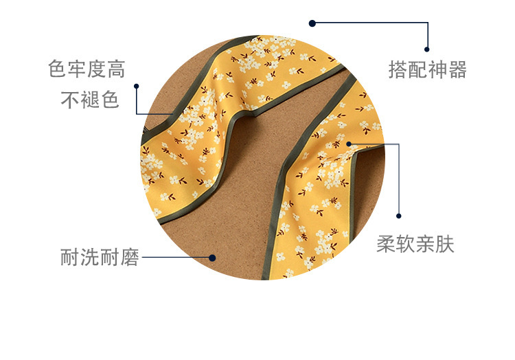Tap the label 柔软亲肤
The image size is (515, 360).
(x=415, y=245)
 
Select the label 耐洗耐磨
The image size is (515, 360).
(x=100, y=258)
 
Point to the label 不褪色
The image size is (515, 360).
(x=90, y=100)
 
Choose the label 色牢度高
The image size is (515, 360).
(x=87, y=69)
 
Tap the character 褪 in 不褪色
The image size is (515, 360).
(x=90, y=100)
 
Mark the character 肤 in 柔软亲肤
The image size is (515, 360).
(x=445, y=245)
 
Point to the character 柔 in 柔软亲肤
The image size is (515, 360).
(x=386, y=245)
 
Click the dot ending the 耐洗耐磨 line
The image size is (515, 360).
(x=212, y=258)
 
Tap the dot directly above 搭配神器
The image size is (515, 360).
(x=427, y=49)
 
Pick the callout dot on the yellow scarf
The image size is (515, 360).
(x=349, y=144)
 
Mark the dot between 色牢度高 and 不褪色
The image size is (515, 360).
(x=137, y=86)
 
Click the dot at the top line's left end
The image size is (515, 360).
(x=312, y=23)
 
